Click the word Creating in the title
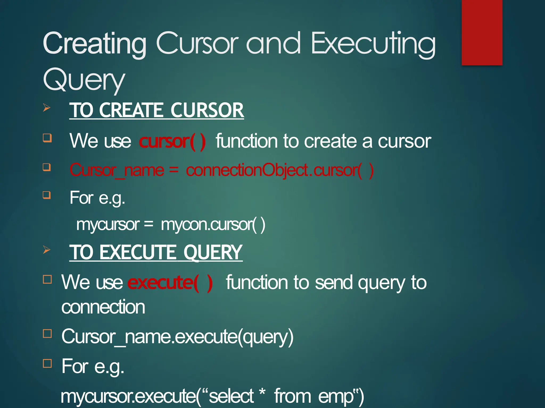click(94, 44)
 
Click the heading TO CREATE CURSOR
click(156, 110)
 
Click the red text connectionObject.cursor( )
click(279, 170)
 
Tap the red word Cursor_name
click(117, 170)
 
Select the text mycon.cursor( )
click(213, 225)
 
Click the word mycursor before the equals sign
click(108, 225)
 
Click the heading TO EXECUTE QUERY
click(156, 252)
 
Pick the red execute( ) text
click(170, 283)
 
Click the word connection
click(103, 307)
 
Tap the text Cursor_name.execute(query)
click(177, 337)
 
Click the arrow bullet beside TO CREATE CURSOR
click(47, 108)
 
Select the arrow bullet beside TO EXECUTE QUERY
click(47, 250)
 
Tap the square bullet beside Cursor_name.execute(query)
click(47, 333)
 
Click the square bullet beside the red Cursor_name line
click(47, 167)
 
